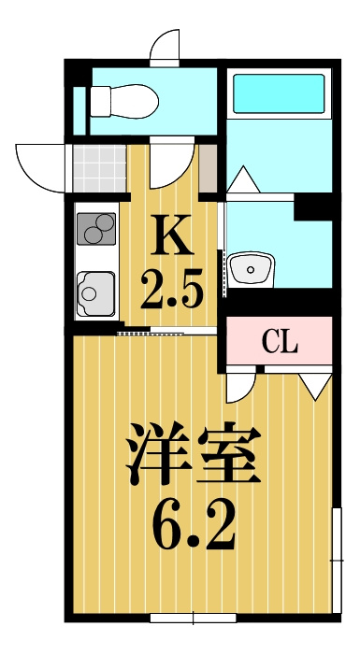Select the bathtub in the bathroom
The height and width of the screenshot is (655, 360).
click(279, 93)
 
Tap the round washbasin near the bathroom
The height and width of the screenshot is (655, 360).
click(253, 269)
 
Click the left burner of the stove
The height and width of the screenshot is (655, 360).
click(91, 226)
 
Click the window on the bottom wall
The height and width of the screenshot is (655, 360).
click(192, 617)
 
